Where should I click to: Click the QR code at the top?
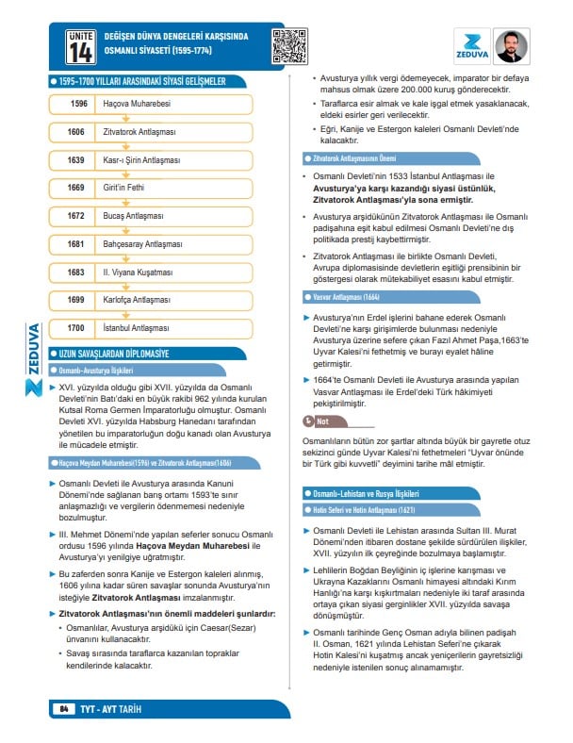click(290, 45)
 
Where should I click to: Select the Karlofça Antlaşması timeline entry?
click(137, 300)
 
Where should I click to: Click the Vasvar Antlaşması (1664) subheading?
click(338, 296)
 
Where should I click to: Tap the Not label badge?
click(317, 421)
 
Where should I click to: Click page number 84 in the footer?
click(63, 708)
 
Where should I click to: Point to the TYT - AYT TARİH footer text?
click(111, 708)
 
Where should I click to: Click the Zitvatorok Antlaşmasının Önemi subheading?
click(355, 157)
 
